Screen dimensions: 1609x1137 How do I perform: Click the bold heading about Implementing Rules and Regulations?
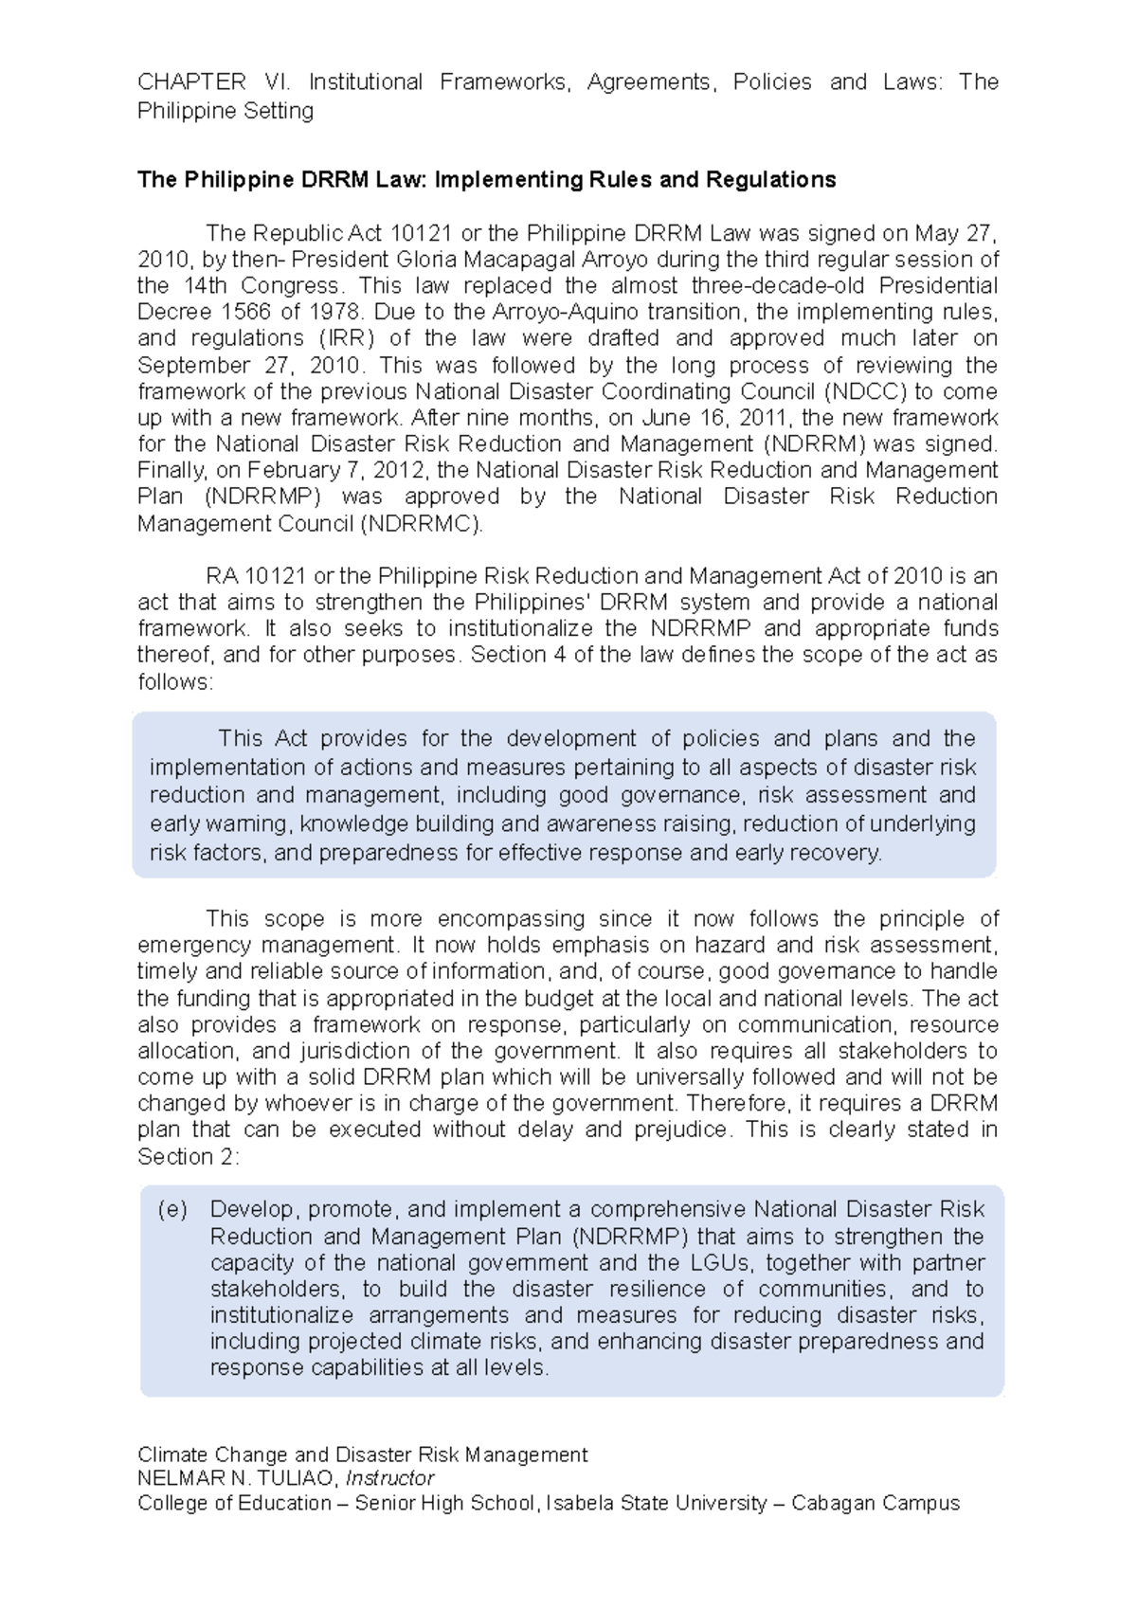coord(486,180)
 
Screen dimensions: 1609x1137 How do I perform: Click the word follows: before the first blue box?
coord(175,681)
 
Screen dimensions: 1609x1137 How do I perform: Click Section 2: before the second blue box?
coord(189,1157)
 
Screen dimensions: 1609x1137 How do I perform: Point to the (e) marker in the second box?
coord(172,1210)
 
